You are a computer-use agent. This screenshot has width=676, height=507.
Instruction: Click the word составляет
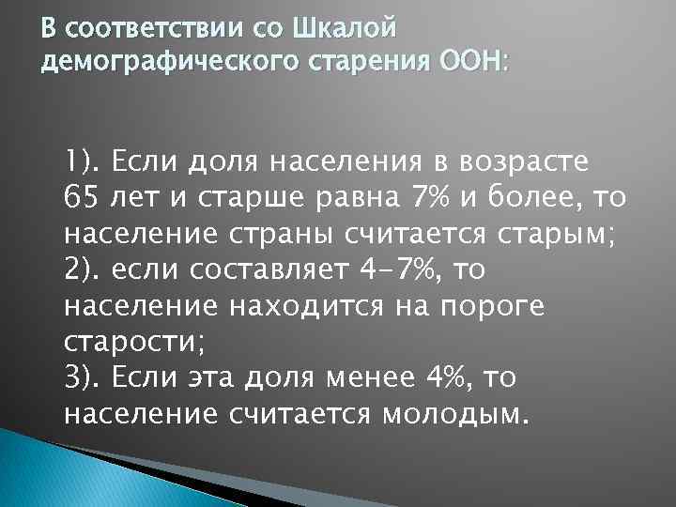coord(274,271)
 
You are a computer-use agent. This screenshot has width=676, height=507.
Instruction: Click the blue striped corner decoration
coord(56,469)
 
